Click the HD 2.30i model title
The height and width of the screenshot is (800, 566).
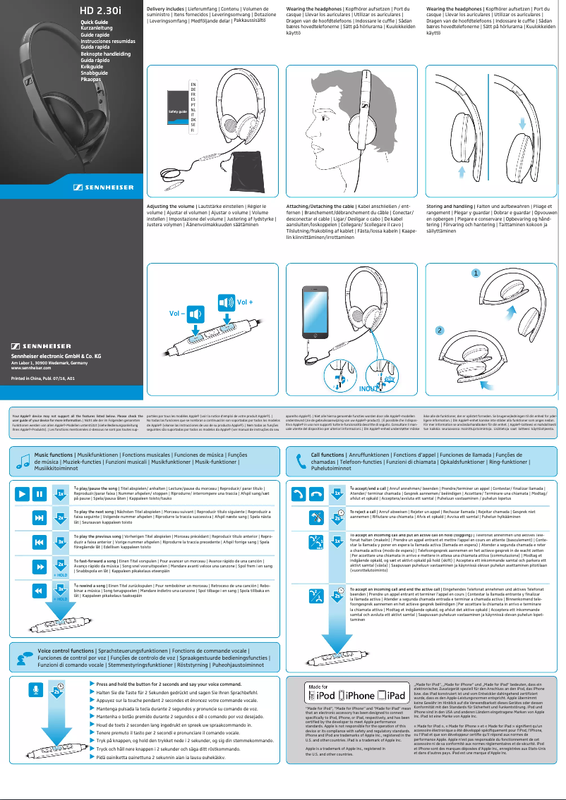pyautogui.click(x=101, y=11)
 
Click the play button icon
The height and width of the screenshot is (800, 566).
pyautogui.click(x=23, y=512)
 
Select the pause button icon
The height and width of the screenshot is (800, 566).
pyautogui.click(x=40, y=512)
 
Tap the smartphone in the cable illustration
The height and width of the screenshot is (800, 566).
pyautogui.click(x=313, y=306)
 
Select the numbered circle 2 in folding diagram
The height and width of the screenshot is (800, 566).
pyautogui.click(x=439, y=330)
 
